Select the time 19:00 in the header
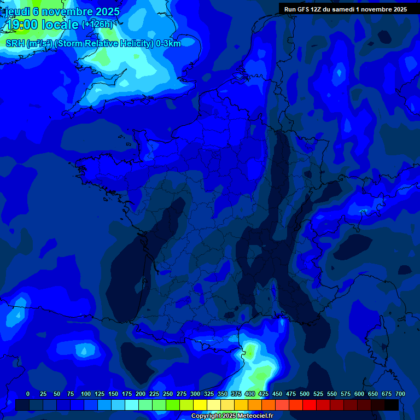21,25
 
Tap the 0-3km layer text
168,44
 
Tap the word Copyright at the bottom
206,416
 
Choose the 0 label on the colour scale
28,394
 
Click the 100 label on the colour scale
86,394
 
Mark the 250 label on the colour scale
168,394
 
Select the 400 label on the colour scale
250,394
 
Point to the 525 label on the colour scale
318,394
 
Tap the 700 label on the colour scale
400,394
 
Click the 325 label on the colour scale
209,394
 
